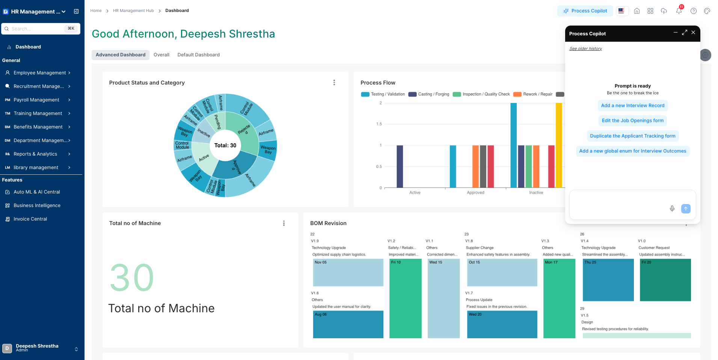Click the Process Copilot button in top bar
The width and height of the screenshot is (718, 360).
(585, 11)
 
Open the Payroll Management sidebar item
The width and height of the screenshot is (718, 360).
(36, 100)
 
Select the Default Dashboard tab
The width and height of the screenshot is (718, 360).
(198, 55)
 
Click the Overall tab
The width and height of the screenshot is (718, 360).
(161, 55)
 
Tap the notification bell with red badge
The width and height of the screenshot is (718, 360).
(679, 11)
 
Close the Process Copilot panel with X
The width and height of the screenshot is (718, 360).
(693, 33)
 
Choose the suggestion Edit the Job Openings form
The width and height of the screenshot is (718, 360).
(632, 121)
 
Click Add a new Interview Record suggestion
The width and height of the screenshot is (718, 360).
(632, 106)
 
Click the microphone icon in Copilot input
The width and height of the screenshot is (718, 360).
(672, 209)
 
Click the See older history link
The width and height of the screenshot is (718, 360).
(585, 49)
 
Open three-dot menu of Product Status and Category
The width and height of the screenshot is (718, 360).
(334, 83)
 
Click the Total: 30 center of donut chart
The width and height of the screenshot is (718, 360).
(225, 145)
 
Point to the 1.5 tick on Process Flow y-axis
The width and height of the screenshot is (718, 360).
(379, 124)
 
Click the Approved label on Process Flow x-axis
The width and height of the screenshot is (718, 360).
(475, 193)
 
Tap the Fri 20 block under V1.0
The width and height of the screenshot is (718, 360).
(665, 280)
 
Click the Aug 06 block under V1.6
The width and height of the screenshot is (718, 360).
(348, 324)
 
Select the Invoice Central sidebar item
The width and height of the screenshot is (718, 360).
(30, 219)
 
